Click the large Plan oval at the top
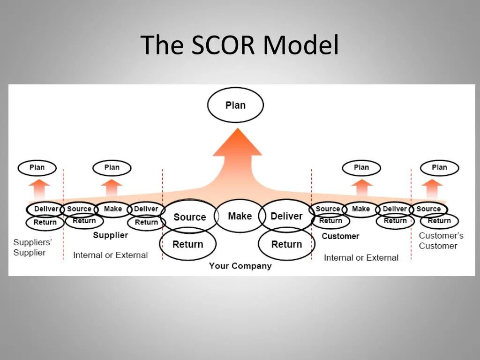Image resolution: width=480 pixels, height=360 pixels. tap(235, 105)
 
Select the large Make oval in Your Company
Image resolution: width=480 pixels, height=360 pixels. tap(240, 216)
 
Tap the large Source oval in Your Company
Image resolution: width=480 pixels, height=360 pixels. tap(189, 217)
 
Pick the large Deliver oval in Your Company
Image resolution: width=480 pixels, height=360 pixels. tap(286, 216)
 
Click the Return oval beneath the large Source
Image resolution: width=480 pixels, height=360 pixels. tap(188, 244)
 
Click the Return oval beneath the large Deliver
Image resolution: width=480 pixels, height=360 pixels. tap(286, 244)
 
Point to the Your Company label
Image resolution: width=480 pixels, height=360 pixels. tap(240, 266)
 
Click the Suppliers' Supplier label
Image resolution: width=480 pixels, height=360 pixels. tap(32, 247)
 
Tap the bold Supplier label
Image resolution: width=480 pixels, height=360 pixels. tap(110, 235)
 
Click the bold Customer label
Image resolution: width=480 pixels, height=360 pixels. tap(340, 236)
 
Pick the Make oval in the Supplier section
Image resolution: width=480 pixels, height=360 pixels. tap(112, 209)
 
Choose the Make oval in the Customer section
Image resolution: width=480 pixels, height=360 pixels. tap(361, 209)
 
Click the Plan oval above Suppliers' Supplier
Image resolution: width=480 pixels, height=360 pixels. tap(37, 167)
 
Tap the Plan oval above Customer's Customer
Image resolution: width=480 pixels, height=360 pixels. tap(439, 167)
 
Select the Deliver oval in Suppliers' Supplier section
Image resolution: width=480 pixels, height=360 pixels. tap(46, 209)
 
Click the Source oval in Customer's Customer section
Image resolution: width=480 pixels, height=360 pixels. tap(428, 209)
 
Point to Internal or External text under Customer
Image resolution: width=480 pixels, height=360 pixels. tap(361, 257)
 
